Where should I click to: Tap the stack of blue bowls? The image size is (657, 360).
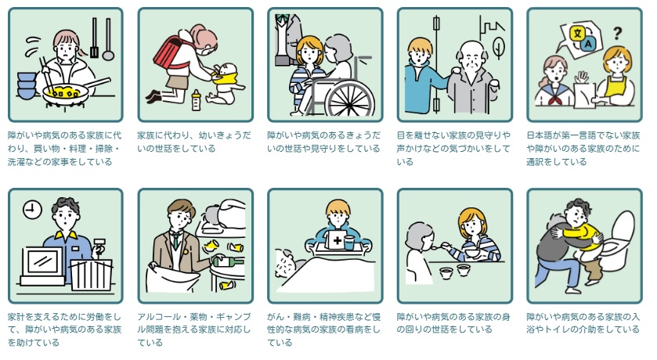(x=27, y=86)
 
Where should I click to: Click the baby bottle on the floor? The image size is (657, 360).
(x=196, y=100)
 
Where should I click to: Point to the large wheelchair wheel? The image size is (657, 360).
(x=350, y=99)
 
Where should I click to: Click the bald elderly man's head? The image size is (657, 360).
(x=472, y=56)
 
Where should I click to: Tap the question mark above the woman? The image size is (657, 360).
(x=617, y=33)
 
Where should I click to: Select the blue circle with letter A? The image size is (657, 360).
(x=588, y=43)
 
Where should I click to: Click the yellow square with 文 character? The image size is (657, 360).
(x=578, y=32)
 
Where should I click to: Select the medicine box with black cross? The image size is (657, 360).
(x=337, y=239)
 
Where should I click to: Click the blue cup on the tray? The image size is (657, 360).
(x=348, y=243)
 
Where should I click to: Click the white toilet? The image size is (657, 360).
(x=618, y=238)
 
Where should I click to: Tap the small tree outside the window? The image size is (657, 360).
(x=499, y=47)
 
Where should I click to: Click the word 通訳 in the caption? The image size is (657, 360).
(x=536, y=162)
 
